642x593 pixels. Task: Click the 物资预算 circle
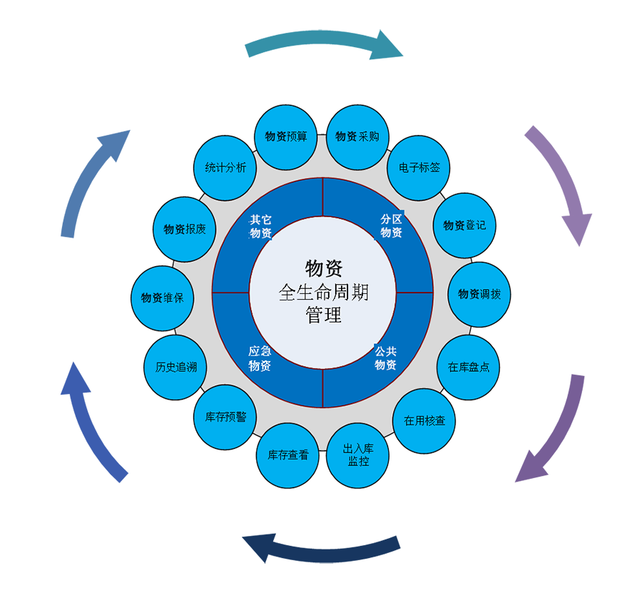tap(286, 136)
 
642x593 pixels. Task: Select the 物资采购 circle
tap(357, 136)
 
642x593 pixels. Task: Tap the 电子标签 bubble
tap(419, 169)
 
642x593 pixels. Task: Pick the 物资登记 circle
tap(464, 225)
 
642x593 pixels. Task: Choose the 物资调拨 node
tap(479, 294)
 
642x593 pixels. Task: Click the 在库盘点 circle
tap(468, 368)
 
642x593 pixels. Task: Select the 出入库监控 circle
tap(358, 455)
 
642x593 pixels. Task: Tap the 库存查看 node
tap(288, 455)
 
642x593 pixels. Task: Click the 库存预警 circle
tap(225, 417)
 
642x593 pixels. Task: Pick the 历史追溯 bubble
tap(176, 368)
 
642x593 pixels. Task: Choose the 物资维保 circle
tap(163, 298)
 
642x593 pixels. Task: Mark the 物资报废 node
tap(185, 229)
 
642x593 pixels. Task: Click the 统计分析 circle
tap(225, 168)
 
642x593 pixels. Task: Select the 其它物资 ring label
tap(260, 226)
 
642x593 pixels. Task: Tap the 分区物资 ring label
tap(391, 225)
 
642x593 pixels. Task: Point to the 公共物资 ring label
tap(385, 358)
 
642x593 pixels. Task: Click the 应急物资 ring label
tap(260, 359)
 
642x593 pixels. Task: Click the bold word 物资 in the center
tap(323, 268)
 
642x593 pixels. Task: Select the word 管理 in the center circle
tap(323, 315)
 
